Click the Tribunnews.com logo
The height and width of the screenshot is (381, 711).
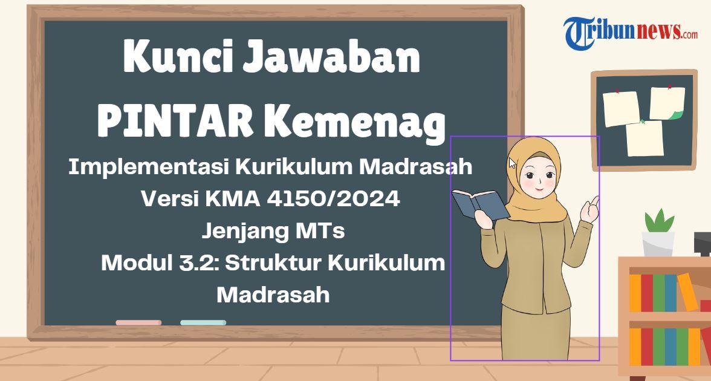coord(630,32)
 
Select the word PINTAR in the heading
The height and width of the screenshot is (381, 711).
coord(175,120)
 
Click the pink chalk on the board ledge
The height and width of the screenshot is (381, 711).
coord(138,322)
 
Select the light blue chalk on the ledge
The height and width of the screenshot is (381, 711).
coord(203,322)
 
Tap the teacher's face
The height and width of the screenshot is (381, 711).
coord(537,178)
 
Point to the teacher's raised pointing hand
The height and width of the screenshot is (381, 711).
coord(589,209)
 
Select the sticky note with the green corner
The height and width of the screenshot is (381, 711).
coord(667,104)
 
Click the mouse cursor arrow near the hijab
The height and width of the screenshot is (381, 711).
coord(513,163)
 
